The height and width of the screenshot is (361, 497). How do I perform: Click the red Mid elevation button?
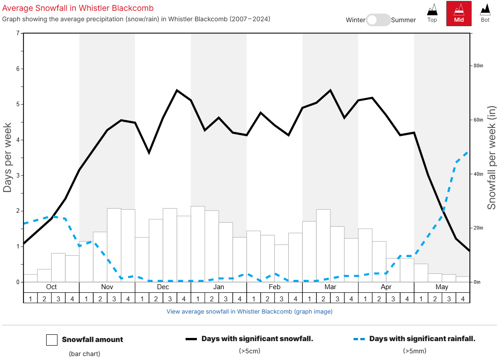click(459, 13)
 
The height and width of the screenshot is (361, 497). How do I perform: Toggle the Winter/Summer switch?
click(378, 20)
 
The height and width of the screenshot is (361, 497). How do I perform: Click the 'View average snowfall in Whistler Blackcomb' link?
click(249, 311)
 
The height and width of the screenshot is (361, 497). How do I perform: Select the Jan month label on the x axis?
click(219, 287)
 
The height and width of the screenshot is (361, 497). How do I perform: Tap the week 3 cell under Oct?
click(58, 298)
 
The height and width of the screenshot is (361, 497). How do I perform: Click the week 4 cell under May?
click(463, 298)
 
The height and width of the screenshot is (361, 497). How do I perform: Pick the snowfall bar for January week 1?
click(198, 244)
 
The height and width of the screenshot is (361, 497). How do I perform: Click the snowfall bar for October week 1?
click(30, 278)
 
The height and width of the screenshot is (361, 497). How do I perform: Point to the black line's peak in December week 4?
click(177, 90)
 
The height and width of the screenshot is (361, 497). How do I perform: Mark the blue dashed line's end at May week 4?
click(468, 151)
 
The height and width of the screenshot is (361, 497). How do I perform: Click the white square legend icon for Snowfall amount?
click(52, 340)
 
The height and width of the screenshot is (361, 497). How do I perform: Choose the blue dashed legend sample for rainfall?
click(359, 339)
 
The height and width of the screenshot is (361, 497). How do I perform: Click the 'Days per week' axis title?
click(8, 158)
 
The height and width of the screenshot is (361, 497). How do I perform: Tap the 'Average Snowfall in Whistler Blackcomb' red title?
click(78, 8)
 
